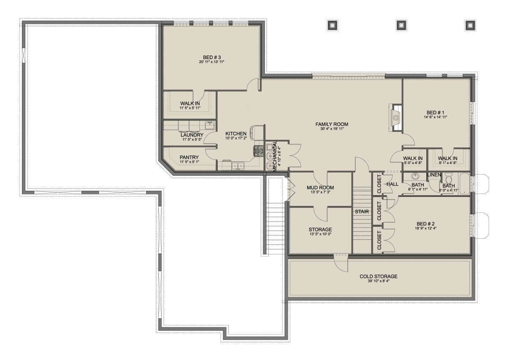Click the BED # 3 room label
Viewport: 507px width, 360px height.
coord(212,57)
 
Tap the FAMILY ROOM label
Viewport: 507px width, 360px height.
coord(332,124)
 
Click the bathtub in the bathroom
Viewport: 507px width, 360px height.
coord(464,183)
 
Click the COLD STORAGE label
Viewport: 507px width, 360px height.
coord(379,276)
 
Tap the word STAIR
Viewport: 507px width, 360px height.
coord(362,212)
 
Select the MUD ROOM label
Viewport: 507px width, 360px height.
coord(320,188)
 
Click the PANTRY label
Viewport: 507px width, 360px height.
coord(189,157)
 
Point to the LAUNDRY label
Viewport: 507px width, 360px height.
coord(192,135)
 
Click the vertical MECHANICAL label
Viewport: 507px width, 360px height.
coord(275,156)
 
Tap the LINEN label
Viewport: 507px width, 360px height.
coord(434,175)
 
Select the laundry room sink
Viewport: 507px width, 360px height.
coord(210,125)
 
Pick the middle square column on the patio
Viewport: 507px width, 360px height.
coord(401,25)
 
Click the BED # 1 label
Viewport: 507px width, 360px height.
coord(435,113)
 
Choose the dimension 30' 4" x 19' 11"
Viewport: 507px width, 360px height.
coord(332,129)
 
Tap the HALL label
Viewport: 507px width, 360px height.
coord(393,184)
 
